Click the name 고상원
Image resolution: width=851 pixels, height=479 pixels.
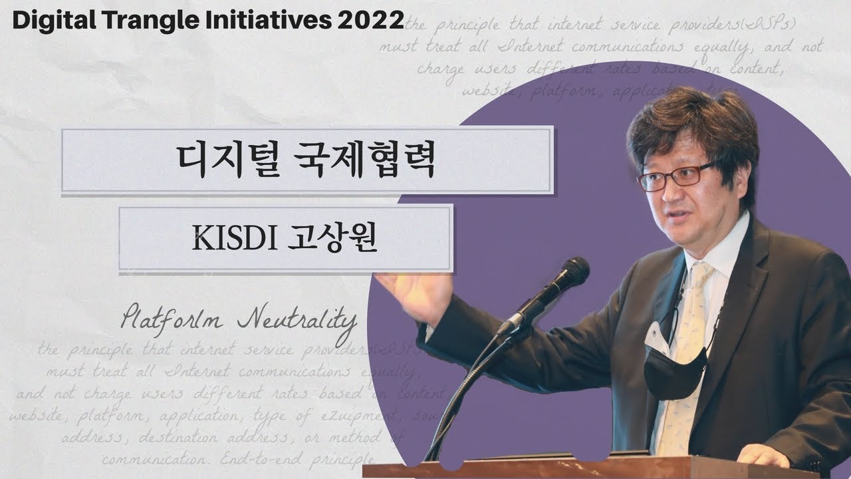(332, 238)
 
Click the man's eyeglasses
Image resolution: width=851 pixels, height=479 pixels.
(675, 176)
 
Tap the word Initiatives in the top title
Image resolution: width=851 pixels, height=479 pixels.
(266, 21)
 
